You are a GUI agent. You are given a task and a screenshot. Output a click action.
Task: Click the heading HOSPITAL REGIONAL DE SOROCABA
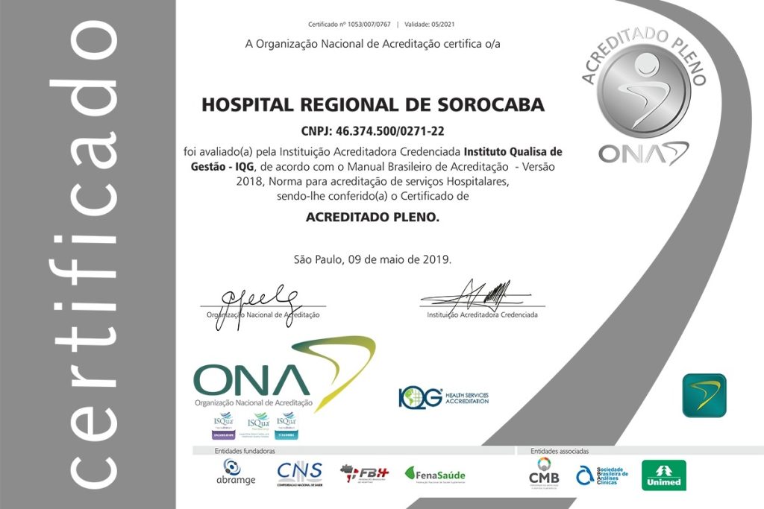click(372, 105)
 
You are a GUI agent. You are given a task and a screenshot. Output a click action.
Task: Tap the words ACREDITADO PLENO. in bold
click(372, 218)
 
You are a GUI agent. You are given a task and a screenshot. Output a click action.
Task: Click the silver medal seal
click(643, 92)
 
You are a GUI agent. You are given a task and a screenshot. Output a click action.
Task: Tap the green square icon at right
click(704, 395)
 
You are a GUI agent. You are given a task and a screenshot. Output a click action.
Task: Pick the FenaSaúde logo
click(435, 474)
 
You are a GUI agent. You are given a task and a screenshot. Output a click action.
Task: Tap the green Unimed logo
click(663, 475)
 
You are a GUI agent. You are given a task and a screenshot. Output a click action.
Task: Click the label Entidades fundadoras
click(245, 451)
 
